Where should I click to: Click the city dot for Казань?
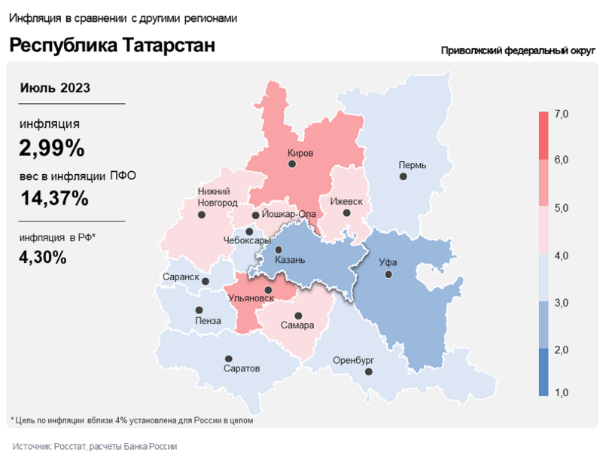click(x=279, y=250)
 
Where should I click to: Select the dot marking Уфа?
click(x=388, y=275)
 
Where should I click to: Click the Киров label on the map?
click(x=300, y=153)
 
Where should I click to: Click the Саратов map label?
click(x=242, y=369)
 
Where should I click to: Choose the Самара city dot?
click(x=298, y=316)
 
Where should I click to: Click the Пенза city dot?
click(x=199, y=310)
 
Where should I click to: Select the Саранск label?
click(x=181, y=277)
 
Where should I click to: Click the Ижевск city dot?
click(x=346, y=213)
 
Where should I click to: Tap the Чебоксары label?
click(x=247, y=240)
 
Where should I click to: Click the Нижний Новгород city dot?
click(x=201, y=215)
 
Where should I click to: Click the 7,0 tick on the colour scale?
click(x=561, y=114)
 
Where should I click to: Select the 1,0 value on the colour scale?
click(x=561, y=393)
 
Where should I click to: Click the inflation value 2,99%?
click(x=52, y=148)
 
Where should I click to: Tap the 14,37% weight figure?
click(x=54, y=199)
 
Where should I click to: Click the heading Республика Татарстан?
click(x=112, y=45)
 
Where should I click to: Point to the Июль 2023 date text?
click(x=55, y=87)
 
